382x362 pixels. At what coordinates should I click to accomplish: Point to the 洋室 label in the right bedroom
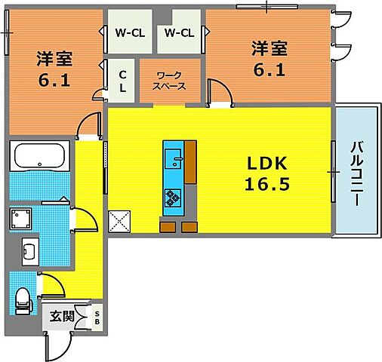point(270,48)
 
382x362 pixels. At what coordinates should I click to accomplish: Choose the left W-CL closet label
point(129,32)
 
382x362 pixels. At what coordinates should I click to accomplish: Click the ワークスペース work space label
point(170,80)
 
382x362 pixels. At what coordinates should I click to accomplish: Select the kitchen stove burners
point(174,198)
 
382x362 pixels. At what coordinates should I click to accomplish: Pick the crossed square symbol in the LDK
point(119,222)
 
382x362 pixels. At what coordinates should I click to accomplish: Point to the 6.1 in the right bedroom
point(270,70)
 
